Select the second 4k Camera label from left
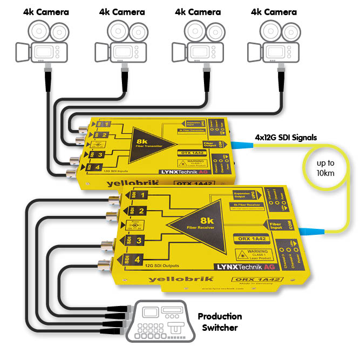click(123, 11)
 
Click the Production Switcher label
click(219, 321)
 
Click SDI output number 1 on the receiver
click(137, 195)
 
